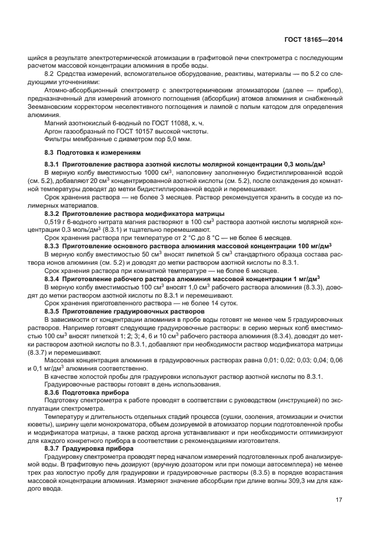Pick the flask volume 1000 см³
click(x=132, y=172)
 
